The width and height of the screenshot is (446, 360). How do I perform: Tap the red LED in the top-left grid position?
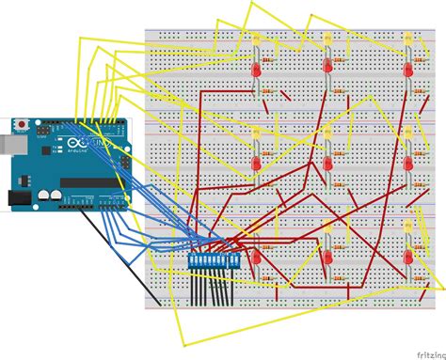tap(255, 70)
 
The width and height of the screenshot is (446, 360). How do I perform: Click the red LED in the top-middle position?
tap(328, 69)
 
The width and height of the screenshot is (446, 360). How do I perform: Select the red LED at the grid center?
tap(328, 163)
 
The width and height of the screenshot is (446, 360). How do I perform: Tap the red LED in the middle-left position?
tap(255, 164)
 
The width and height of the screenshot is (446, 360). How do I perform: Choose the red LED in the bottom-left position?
tap(254, 257)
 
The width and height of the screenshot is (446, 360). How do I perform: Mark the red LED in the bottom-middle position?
tap(328, 257)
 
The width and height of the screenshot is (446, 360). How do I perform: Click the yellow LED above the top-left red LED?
tap(256, 39)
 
